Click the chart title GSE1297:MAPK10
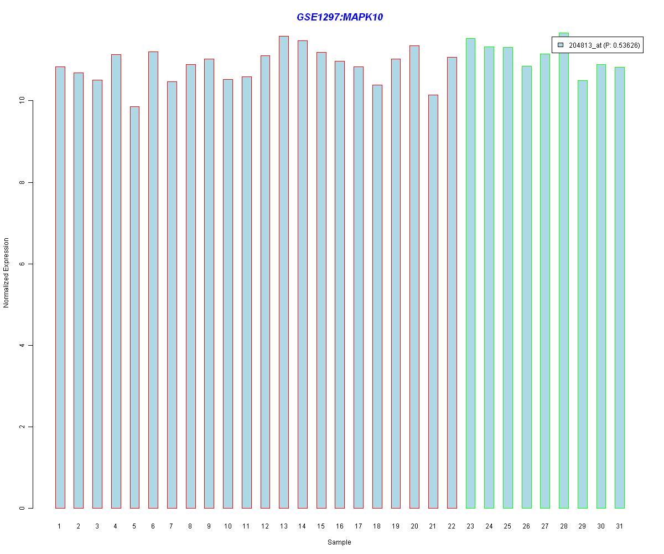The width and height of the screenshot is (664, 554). point(340,17)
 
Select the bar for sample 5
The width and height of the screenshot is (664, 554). point(134,307)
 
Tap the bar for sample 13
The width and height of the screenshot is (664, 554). point(284,272)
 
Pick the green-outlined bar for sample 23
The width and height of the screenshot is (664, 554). point(470,273)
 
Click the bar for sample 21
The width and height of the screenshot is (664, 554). point(433,301)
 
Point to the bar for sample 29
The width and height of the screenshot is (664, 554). point(583,294)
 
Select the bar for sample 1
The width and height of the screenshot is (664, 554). point(60,288)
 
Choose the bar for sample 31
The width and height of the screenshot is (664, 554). point(620,288)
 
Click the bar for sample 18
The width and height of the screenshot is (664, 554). point(377,296)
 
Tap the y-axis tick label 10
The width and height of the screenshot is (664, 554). point(23,101)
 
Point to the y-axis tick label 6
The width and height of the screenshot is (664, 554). point(23,264)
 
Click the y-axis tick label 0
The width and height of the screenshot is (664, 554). point(23,508)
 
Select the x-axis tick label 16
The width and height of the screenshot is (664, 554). point(340,526)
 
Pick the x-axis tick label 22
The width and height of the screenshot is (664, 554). point(452,526)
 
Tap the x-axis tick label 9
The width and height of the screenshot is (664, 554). point(209,526)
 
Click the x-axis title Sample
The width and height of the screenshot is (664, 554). point(339,542)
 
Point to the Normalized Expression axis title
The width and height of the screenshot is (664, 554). point(6,273)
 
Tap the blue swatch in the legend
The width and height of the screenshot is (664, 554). point(561,45)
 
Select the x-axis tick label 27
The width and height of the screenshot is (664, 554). point(545,526)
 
